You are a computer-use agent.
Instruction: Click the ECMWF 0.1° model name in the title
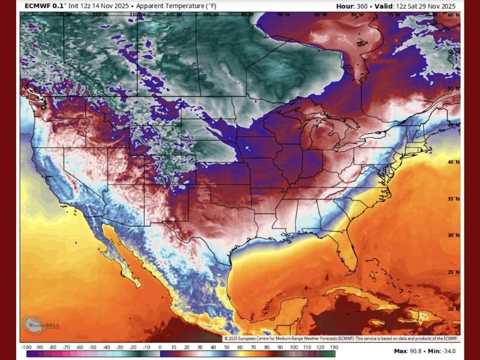pyautogui.click(x=45, y=6)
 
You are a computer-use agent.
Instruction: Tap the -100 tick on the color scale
pyautogui.click(x=26, y=347)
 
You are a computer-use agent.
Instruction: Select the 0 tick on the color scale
pyautogui.click(x=160, y=347)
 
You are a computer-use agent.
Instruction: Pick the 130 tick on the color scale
pyautogui.click(x=334, y=347)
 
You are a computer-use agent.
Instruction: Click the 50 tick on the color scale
pyautogui.click(x=227, y=347)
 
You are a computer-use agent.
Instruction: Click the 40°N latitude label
pyautogui.click(x=453, y=162)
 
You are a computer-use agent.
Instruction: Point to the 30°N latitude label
pyautogui.click(x=453, y=235)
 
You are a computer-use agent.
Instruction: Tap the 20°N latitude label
pyautogui.click(x=453, y=308)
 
